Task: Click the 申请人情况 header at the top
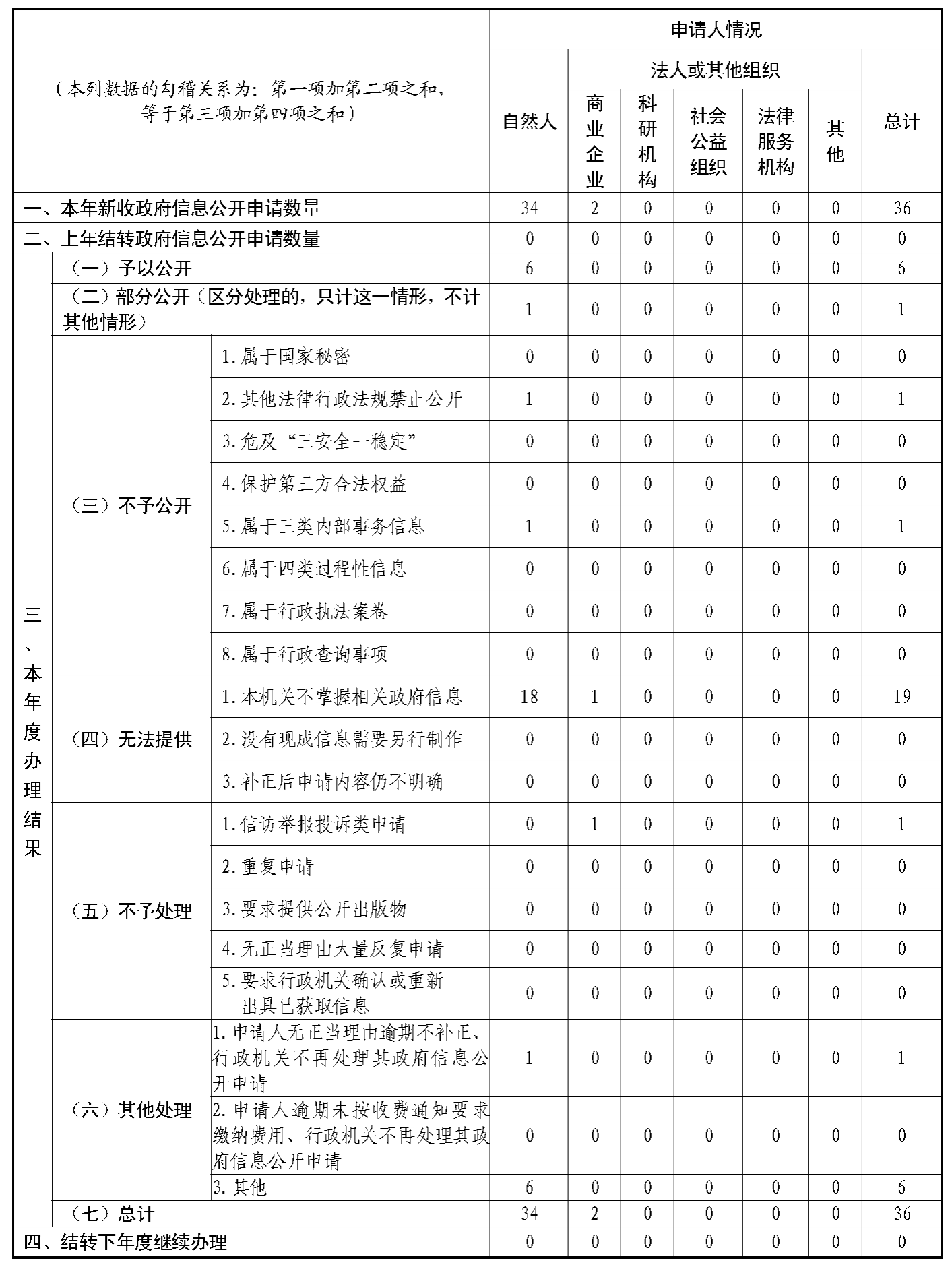pyautogui.click(x=716, y=30)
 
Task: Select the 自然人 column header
pyautogui.click(x=529, y=122)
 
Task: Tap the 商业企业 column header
pyautogui.click(x=594, y=142)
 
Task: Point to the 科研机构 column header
pyautogui.click(x=647, y=142)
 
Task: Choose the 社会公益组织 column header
pyautogui.click(x=708, y=142)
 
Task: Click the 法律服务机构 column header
pyautogui.click(x=775, y=142)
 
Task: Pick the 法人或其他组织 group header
pyautogui.click(x=715, y=70)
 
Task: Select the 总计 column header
pyautogui.click(x=901, y=122)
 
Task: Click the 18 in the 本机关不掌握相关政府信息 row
pyautogui.click(x=529, y=696)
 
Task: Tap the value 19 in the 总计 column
pyautogui.click(x=901, y=696)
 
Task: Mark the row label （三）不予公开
pyautogui.click(x=131, y=505)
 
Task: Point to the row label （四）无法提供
pyautogui.click(x=131, y=739)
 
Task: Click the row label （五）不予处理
pyautogui.click(x=131, y=911)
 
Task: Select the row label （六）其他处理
pyautogui.click(x=131, y=1110)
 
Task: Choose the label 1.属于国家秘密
pyautogui.click(x=286, y=357)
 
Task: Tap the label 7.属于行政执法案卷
pyautogui.click(x=305, y=611)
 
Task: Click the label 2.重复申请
pyautogui.click(x=268, y=867)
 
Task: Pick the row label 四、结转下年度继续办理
pyautogui.click(x=125, y=1242)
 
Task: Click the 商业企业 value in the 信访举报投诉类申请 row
pyautogui.click(x=594, y=824)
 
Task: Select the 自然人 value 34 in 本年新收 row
pyautogui.click(x=529, y=208)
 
